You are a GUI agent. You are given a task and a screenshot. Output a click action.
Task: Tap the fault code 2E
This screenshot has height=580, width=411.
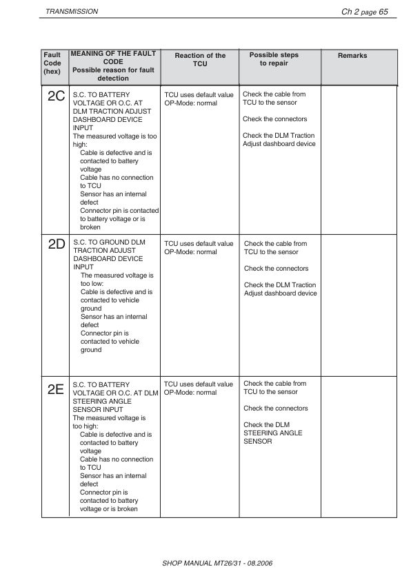(x=56, y=389)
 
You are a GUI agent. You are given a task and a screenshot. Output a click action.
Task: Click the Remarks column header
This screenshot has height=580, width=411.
(x=352, y=56)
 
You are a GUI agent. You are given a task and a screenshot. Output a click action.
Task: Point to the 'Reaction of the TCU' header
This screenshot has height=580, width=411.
(x=200, y=59)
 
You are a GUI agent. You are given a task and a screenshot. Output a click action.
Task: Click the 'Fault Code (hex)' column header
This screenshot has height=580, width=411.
(x=52, y=62)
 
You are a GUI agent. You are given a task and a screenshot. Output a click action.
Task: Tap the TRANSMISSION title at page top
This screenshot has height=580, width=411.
(x=71, y=12)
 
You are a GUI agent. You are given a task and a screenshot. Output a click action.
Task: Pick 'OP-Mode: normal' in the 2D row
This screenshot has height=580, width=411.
(x=190, y=252)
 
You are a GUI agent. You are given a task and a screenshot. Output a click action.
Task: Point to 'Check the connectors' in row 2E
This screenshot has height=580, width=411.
(x=276, y=408)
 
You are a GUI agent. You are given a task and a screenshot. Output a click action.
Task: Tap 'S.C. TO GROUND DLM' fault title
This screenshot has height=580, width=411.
(x=109, y=243)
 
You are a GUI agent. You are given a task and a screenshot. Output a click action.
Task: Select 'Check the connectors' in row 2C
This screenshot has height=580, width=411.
(x=274, y=119)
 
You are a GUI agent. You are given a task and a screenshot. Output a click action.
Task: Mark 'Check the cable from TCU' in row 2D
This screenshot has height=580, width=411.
(x=275, y=247)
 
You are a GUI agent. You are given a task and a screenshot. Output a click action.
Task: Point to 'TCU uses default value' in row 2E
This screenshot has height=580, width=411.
(x=199, y=384)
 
